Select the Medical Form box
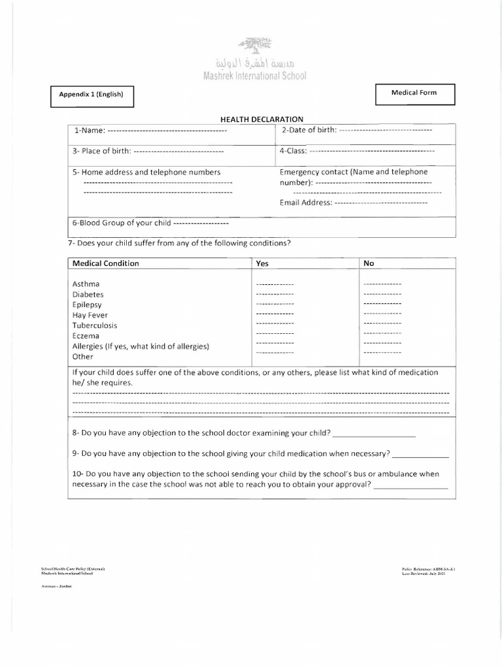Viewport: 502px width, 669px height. click(414, 93)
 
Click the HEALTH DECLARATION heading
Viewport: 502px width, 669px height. click(261, 119)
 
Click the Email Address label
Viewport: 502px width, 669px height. click(306, 203)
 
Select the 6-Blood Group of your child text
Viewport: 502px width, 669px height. click(122, 223)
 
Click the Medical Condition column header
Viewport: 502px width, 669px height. click(105, 263)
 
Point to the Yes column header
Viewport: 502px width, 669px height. click(262, 263)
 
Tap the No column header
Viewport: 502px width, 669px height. click(369, 263)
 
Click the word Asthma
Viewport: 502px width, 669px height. click(86, 284)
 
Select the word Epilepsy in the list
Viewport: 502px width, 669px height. click(87, 304)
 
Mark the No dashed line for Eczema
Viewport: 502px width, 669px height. click(382, 333)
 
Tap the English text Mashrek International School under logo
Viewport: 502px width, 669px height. click(250, 76)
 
